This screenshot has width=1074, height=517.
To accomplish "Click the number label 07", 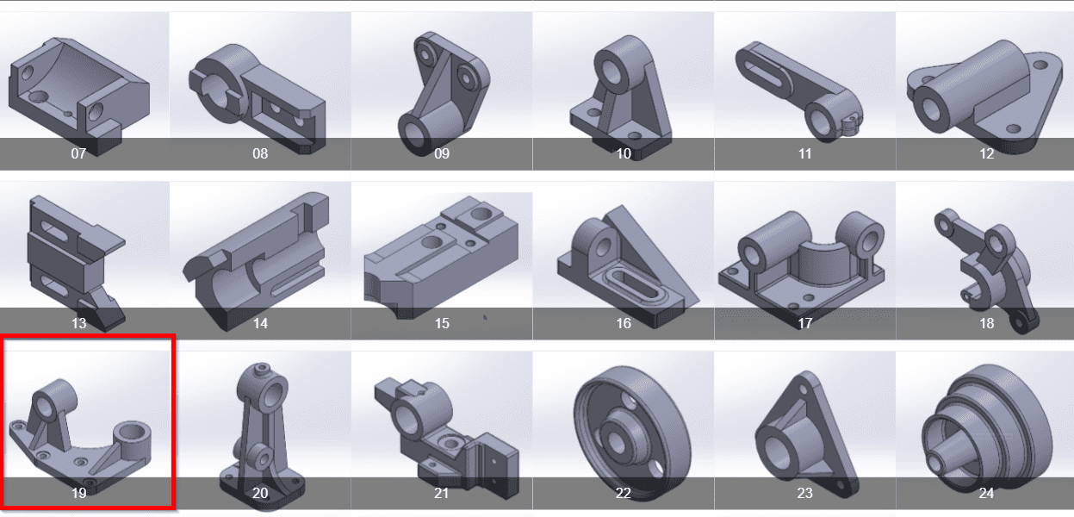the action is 78,154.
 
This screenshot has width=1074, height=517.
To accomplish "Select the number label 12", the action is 986,154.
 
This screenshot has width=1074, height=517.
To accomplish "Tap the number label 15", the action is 442,323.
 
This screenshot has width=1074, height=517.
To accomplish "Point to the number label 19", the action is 78,493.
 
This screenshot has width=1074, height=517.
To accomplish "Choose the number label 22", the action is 623,493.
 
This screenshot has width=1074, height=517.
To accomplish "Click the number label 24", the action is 986,493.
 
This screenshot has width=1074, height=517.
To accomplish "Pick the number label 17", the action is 804,323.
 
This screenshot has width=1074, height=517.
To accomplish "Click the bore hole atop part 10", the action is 613,72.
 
